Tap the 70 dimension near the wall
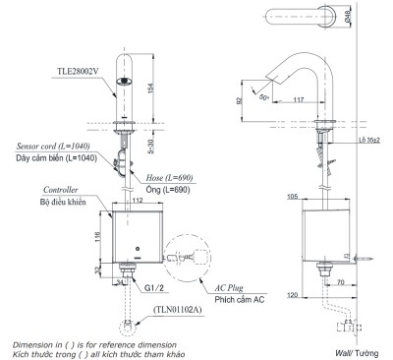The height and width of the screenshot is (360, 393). [x=338, y=283]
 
